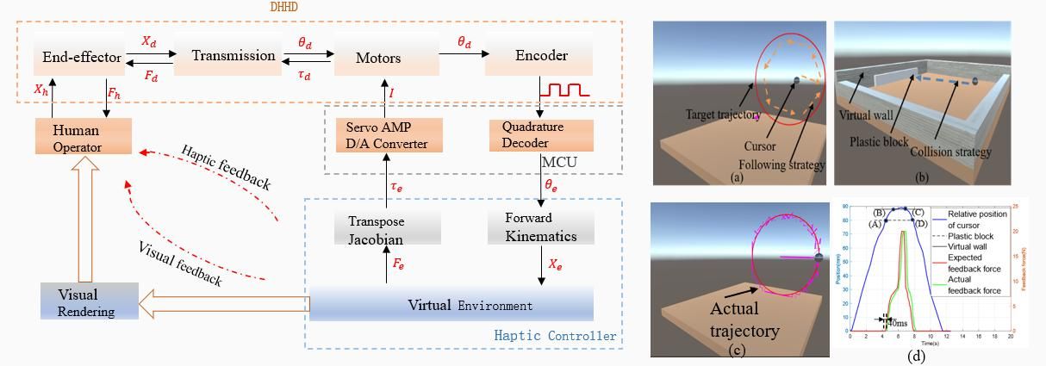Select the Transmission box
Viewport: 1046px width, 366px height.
(x=233, y=56)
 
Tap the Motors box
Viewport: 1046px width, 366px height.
(x=378, y=58)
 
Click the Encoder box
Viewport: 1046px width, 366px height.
(x=541, y=56)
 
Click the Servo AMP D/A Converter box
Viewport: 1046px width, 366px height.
(x=388, y=135)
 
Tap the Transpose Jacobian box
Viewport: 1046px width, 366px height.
(x=388, y=229)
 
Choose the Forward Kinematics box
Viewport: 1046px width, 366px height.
(x=540, y=226)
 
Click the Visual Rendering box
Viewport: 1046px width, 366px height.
(x=89, y=302)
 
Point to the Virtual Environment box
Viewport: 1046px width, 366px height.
(x=451, y=305)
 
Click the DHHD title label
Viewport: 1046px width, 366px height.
(x=283, y=7)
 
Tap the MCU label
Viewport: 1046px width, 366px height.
(x=560, y=162)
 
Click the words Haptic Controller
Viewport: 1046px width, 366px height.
(x=556, y=336)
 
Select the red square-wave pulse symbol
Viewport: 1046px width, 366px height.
(x=564, y=89)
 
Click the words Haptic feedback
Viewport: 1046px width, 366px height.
(x=226, y=166)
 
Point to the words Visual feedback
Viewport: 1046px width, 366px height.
(x=180, y=263)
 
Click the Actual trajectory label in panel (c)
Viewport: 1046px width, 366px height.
(x=744, y=319)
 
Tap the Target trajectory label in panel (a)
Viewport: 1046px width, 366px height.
(x=723, y=115)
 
